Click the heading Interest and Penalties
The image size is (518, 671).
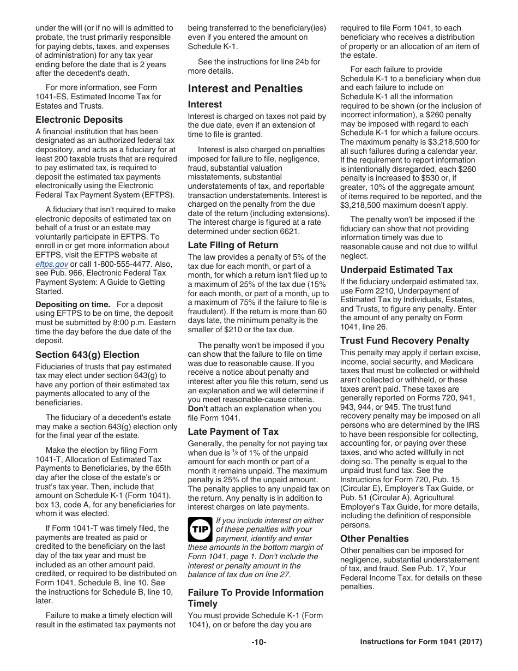point(245,88)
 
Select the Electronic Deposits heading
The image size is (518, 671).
point(79,119)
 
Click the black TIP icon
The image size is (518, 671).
point(200,529)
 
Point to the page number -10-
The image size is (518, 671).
point(258,642)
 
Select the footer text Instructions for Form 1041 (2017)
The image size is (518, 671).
point(421,642)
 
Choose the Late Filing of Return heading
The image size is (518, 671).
point(233,245)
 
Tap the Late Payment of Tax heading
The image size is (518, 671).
point(233,432)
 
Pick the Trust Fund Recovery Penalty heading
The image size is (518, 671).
point(405,341)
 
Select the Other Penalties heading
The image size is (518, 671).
point(374,538)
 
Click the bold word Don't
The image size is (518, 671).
point(198,409)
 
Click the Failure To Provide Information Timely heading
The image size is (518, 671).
point(256,598)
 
